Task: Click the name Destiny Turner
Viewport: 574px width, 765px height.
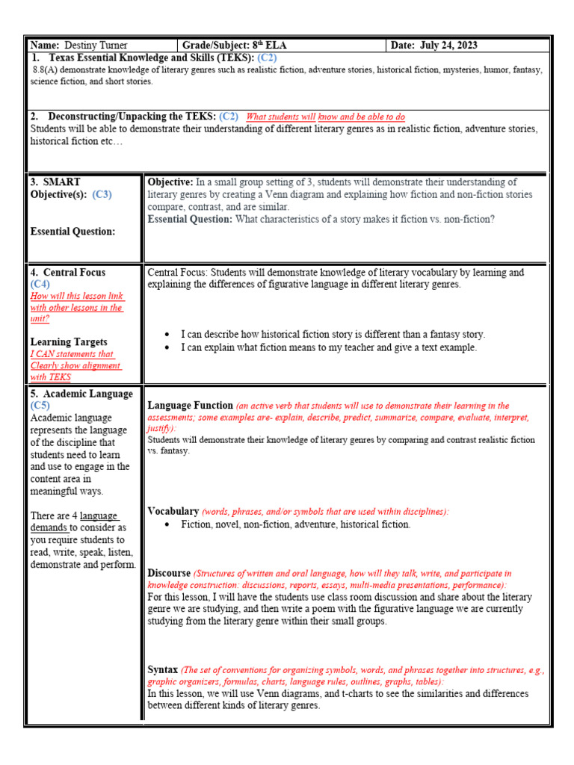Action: click(97, 46)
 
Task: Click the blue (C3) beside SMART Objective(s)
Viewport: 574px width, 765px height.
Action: click(102, 194)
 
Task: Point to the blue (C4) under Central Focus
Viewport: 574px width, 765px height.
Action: click(40, 284)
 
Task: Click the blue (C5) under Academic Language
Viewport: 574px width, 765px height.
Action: click(40, 406)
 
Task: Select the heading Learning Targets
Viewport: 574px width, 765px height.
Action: click(69, 342)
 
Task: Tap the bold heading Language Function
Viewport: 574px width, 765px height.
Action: click(190, 406)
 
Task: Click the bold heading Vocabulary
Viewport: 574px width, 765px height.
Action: click(173, 511)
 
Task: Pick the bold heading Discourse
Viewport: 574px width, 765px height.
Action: click(170, 573)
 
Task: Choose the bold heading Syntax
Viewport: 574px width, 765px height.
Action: click(163, 669)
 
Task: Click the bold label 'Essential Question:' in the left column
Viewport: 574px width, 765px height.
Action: click(72, 232)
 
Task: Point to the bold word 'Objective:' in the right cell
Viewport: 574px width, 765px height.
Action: click(170, 182)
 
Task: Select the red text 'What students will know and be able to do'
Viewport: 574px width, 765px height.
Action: click(326, 117)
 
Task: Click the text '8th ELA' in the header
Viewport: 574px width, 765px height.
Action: click(270, 46)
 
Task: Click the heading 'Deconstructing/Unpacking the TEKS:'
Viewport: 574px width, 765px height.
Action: click(132, 116)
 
